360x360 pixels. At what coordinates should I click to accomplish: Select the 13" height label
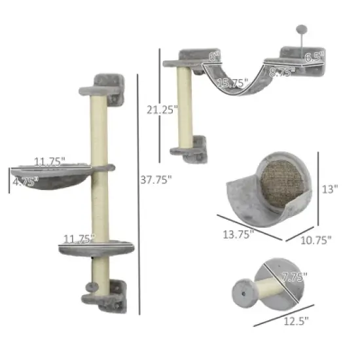click(331, 189)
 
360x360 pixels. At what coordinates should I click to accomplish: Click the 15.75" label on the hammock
click(230, 83)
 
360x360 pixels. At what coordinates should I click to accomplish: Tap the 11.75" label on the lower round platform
click(77, 238)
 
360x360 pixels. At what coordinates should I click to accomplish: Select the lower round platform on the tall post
click(86, 248)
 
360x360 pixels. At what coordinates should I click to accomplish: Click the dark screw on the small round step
click(243, 295)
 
